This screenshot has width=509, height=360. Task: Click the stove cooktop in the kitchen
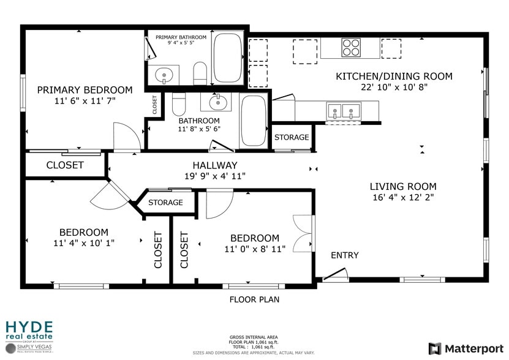pyautogui.click(x=351, y=48)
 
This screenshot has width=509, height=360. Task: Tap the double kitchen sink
pyautogui.click(x=343, y=111)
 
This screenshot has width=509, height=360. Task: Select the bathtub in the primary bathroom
pyautogui.click(x=227, y=58)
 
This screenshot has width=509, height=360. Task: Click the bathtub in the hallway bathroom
pyautogui.click(x=253, y=121)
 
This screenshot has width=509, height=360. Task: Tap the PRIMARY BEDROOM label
pyautogui.click(x=85, y=90)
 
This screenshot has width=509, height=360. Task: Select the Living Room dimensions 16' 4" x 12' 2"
pyautogui.click(x=403, y=198)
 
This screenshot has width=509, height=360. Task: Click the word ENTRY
pyautogui.click(x=345, y=255)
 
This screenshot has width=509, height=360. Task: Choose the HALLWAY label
pyautogui.click(x=214, y=165)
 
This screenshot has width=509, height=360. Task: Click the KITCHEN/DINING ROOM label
pyautogui.click(x=394, y=77)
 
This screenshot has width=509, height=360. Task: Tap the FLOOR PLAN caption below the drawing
pyautogui.click(x=254, y=300)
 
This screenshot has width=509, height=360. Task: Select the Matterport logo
pyautogui.click(x=466, y=348)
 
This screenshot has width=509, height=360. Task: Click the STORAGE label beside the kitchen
pyautogui.click(x=292, y=138)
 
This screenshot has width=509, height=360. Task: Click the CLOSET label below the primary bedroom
pyautogui.click(x=65, y=165)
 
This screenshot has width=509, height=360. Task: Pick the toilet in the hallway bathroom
pyautogui.click(x=178, y=105)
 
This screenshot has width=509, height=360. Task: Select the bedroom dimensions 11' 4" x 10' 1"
pyautogui.click(x=84, y=243)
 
